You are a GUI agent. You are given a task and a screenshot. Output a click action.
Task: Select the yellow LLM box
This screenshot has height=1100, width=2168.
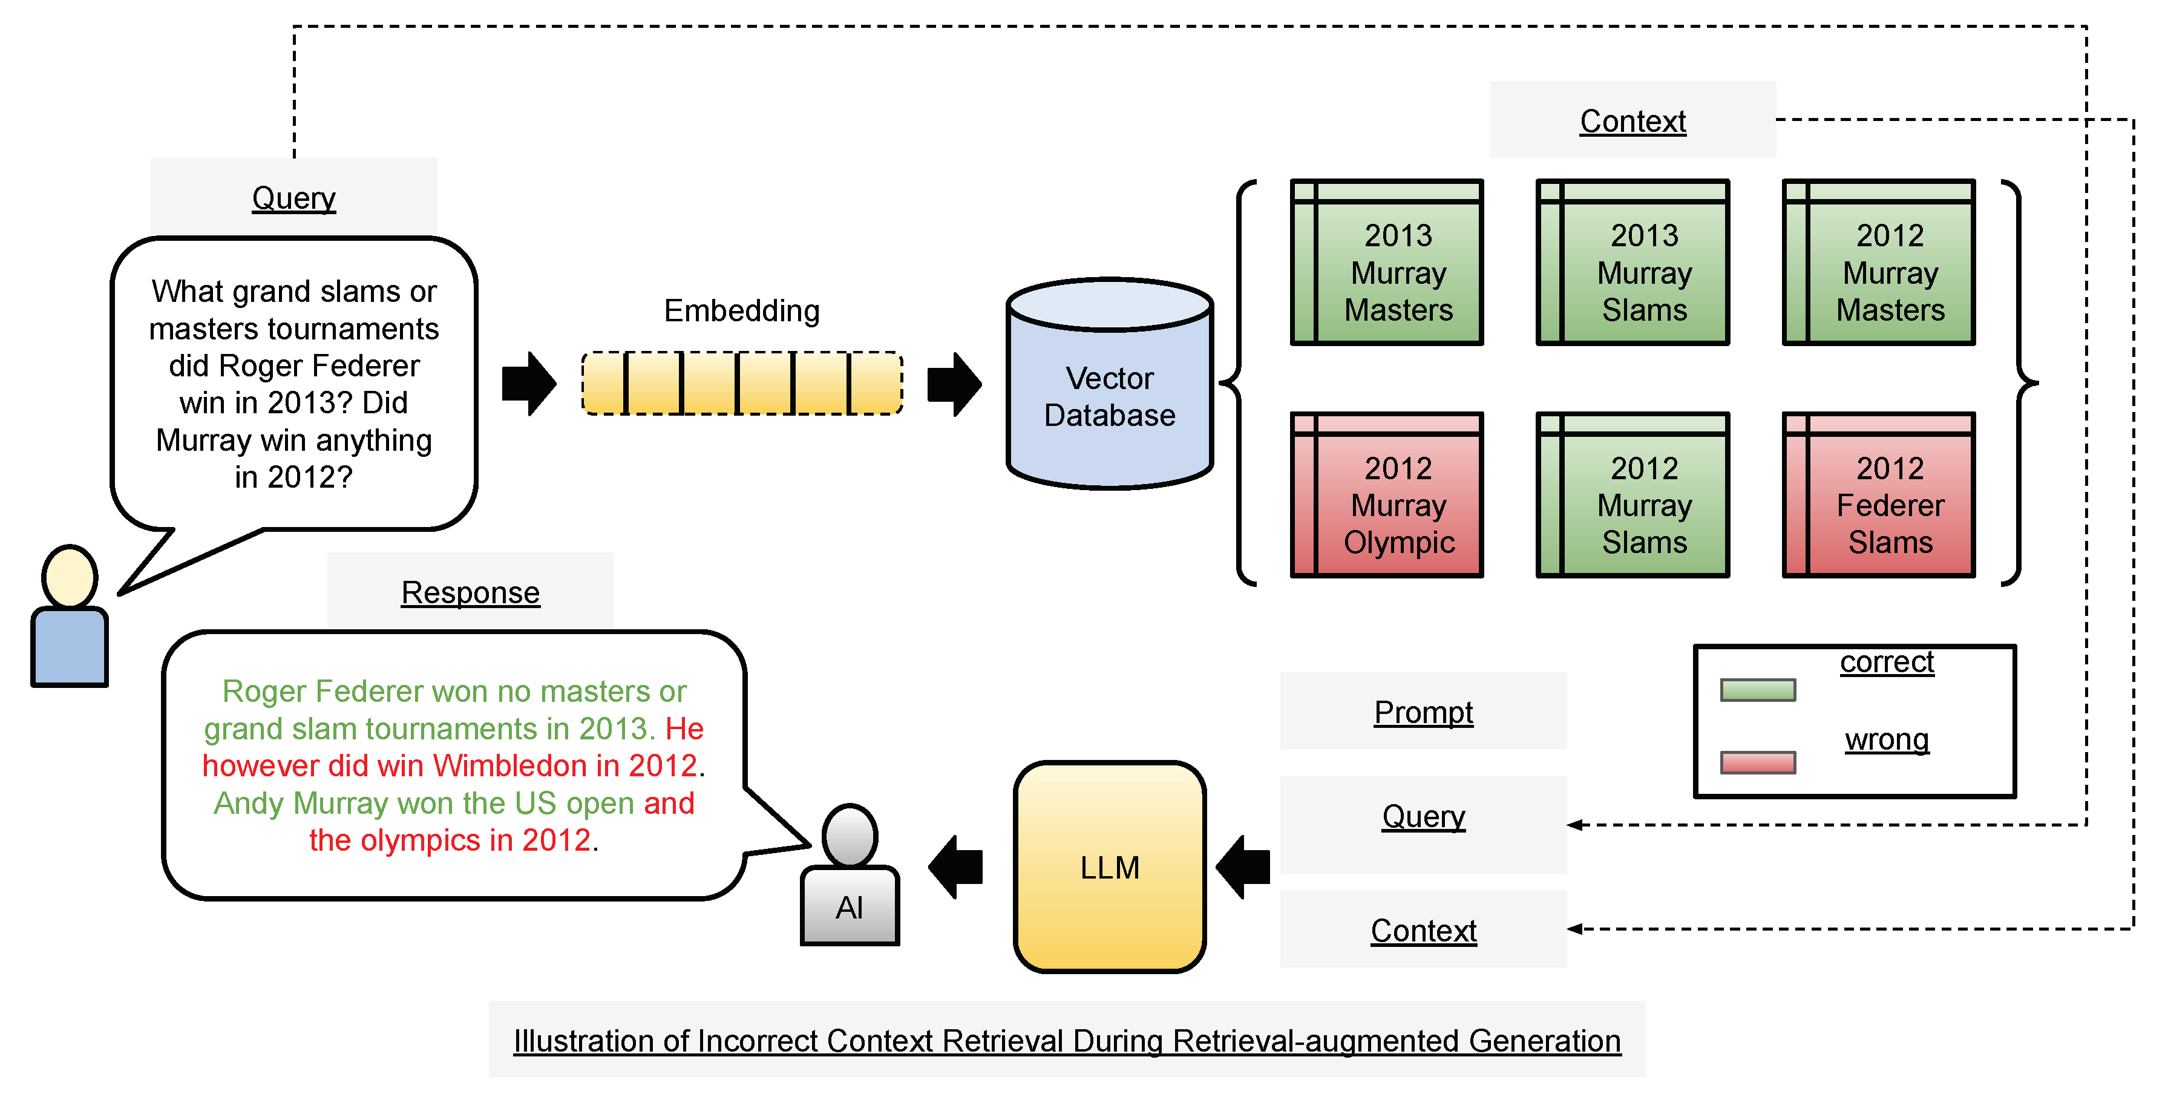(1109, 867)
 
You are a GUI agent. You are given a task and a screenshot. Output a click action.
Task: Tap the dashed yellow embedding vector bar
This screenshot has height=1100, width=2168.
(741, 384)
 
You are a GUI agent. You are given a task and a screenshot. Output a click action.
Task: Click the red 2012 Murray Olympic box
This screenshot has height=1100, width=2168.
(1387, 495)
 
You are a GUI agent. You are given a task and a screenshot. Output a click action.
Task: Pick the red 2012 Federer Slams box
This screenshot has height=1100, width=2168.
(1879, 495)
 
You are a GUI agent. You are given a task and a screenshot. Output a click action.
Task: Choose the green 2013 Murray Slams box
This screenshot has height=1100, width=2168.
(1633, 263)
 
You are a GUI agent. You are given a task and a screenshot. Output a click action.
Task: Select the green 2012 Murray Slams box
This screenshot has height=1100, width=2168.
(1633, 495)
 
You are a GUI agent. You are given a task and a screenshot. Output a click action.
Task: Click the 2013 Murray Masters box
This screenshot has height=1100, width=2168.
(1387, 263)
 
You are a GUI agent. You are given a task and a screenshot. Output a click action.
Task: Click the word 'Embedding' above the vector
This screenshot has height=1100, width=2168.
(741, 310)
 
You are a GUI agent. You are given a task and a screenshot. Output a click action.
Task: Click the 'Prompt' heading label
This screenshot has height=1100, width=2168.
(1423, 712)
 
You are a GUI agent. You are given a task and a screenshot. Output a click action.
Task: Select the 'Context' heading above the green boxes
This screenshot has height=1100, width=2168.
(1632, 121)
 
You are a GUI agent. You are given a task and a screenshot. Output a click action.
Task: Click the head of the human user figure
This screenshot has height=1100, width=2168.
(70, 577)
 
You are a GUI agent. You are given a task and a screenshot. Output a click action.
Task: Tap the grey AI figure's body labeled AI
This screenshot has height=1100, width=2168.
(850, 906)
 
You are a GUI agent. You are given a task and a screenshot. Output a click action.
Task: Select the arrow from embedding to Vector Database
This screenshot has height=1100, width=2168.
(954, 384)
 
